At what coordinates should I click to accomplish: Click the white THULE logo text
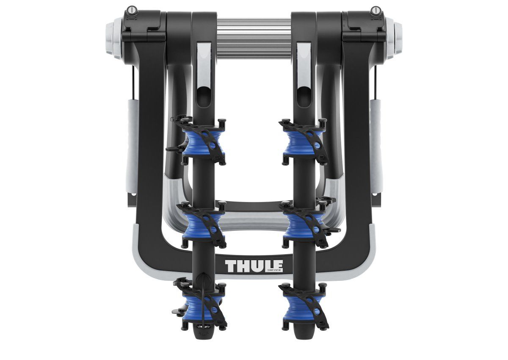tap(254, 265)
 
